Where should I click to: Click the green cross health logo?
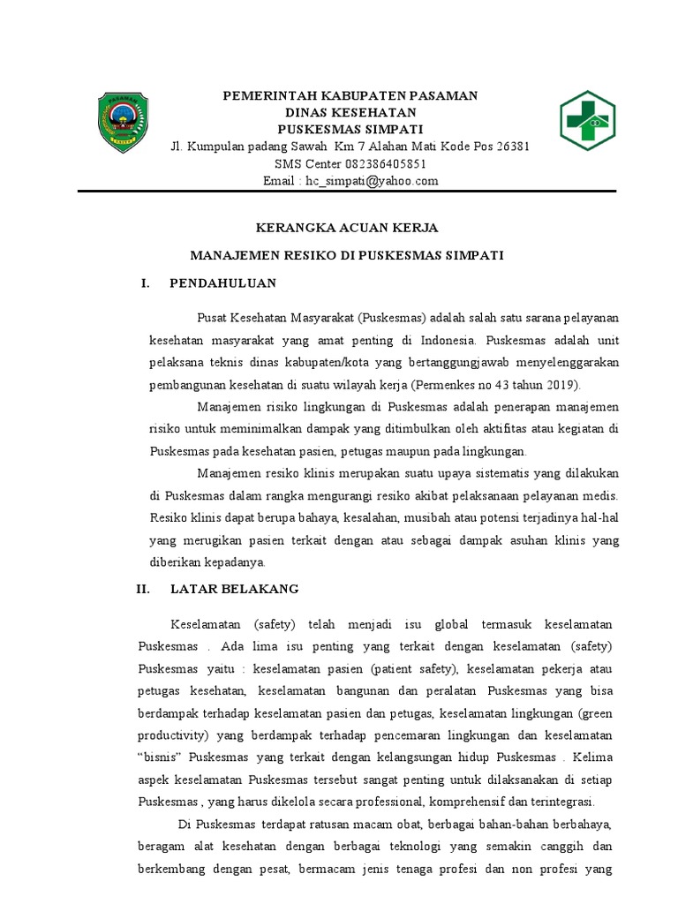coord(587,120)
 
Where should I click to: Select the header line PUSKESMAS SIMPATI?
coord(350,129)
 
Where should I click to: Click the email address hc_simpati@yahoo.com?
coord(372,180)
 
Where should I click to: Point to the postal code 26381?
coord(511,146)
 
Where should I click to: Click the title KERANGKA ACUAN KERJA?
coord(347,228)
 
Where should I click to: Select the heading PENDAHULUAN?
coord(223,282)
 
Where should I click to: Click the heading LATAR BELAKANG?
coord(235,588)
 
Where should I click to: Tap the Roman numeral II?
coord(144,588)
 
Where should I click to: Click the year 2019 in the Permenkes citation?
coord(556,384)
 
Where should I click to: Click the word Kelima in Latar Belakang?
coord(598,757)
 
